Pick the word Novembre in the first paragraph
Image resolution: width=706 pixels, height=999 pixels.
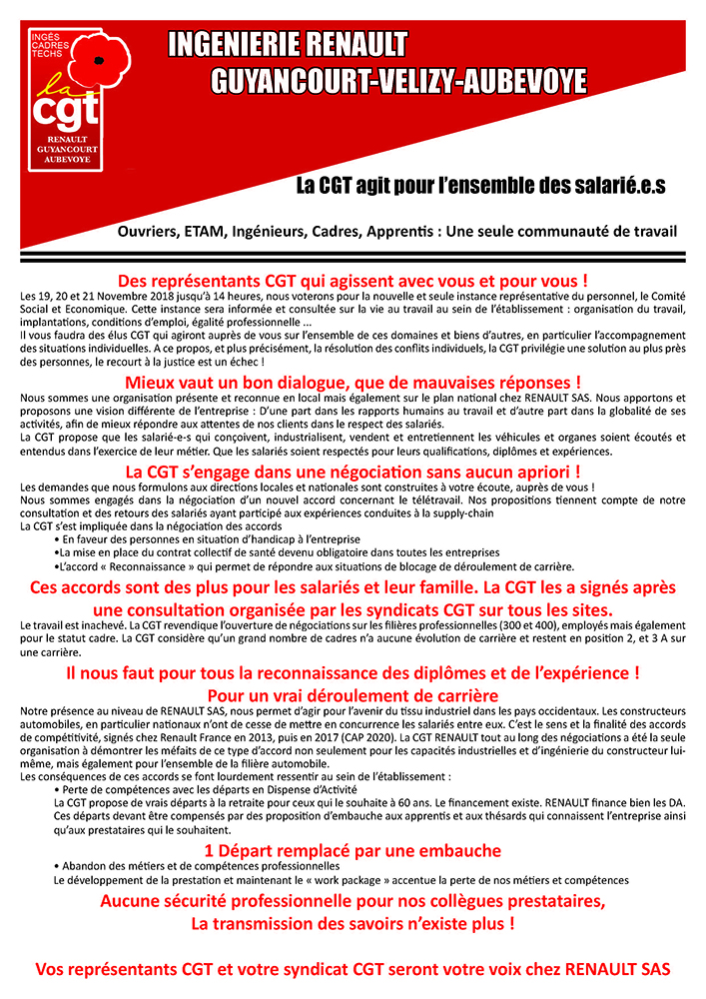[109, 297]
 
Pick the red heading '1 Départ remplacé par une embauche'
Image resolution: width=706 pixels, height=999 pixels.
[353, 850]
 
